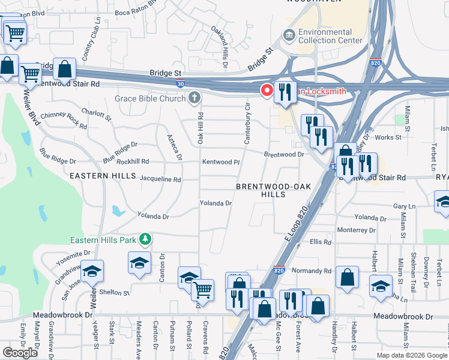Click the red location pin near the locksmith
[x=267, y=90]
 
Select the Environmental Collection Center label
[x=325, y=36]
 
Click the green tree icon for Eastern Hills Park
[x=145, y=239]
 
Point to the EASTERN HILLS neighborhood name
[x=99, y=176]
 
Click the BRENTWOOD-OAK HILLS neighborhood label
[x=273, y=190]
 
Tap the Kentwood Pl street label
[x=220, y=162]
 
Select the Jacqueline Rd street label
[x=160, y=179]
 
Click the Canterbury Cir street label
[x=247, y=122]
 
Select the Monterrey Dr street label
[x=356, y=230]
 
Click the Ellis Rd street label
[x=321, y=242]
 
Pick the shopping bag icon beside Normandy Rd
[x=347, y=278]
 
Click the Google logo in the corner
[x=20, y=353]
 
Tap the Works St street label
[x=388, y=137]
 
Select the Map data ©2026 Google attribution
[x=411, y=355]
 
